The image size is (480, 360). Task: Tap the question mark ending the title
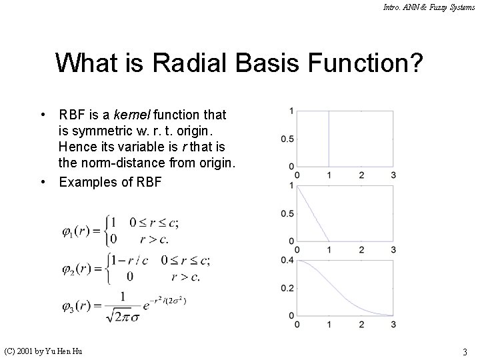(415, 63)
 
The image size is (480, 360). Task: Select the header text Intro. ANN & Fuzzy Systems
(429, 7)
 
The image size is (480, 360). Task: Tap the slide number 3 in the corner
(464, 351)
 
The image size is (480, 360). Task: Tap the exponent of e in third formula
(169, 299)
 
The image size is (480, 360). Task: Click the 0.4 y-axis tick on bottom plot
(287, 259)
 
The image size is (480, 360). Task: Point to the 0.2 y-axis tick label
(287, 287)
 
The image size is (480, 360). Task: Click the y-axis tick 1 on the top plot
(291, 111)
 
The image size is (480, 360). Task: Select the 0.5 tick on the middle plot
(287, 213)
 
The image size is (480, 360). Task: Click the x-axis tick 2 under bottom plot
(361, 325)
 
